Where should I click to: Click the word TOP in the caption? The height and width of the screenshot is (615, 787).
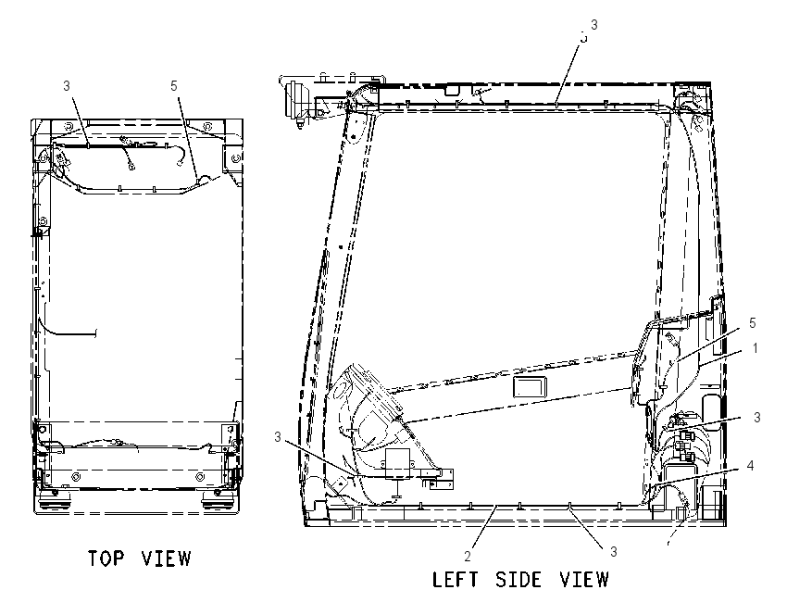coord(106,559)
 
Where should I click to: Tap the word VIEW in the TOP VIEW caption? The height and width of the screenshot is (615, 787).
coord(166,559)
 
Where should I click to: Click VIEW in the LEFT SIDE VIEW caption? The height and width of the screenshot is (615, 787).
coord(584,580)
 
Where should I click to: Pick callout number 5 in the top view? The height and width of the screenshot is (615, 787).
coord(174,86)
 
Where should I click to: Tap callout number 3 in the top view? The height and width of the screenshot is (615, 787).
coord(67,86)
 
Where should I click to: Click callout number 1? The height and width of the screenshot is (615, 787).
coord(756,348)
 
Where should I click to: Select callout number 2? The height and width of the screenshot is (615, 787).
coord(468,557)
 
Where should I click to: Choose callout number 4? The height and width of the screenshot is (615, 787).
coord(750,466)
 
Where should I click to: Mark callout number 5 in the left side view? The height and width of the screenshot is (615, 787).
coord(753,323)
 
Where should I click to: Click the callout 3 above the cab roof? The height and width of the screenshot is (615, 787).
coord(594,25)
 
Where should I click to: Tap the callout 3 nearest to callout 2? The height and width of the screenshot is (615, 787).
coord(613,552)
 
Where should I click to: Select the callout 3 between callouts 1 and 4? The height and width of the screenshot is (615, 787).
coord(756,417)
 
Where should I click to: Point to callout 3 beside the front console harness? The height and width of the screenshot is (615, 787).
coord(278,437)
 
